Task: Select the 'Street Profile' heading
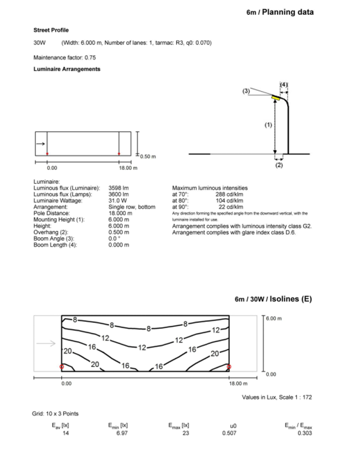tap(51, 30)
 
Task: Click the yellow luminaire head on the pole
tap(276, 96)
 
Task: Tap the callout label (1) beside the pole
tap(268, 126)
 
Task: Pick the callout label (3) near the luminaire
tap(246, 91)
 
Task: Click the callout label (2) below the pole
tap(279, 165)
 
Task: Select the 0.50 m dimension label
tap(148, 157)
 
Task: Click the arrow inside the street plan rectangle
tap(40, 144)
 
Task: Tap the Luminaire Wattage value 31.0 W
tap(118, 201)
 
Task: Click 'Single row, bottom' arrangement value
tap(132, 207)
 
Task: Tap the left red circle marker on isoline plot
tap(62, 367)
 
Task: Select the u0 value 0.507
tap(229, 433)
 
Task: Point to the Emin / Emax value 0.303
tap(305, 433)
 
